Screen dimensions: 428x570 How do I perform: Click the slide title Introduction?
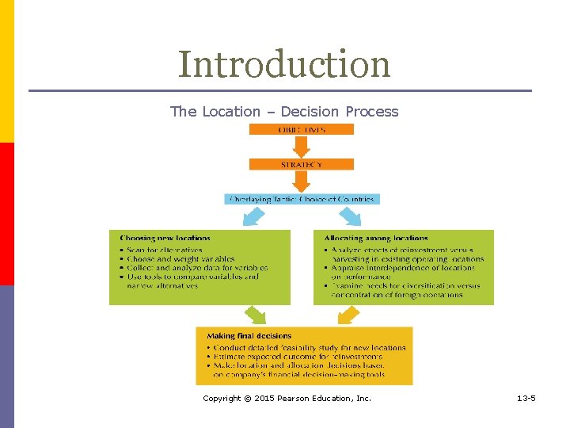click(x=284, y=64)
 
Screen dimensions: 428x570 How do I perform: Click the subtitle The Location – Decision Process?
click(x=284, y=112)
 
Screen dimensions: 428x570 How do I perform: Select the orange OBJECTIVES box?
click(x=302, y=129)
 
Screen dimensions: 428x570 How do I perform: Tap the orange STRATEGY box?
click(x=302, y=164)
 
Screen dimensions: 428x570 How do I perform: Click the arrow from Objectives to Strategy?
click(x=302, y=146)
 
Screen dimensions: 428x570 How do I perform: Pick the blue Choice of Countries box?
click(x=302, y=199)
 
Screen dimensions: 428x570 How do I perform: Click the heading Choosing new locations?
click(x=165, y=238)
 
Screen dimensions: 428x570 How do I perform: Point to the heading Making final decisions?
click(x=249, y=336)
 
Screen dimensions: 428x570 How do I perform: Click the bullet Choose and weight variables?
click(x=180, y=258)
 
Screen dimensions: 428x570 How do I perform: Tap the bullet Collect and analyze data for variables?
click(x=197, y=268)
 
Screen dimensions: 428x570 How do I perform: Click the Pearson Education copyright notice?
click(x=287, y=398)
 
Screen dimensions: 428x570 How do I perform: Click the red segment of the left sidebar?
click(x=7, y=214)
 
